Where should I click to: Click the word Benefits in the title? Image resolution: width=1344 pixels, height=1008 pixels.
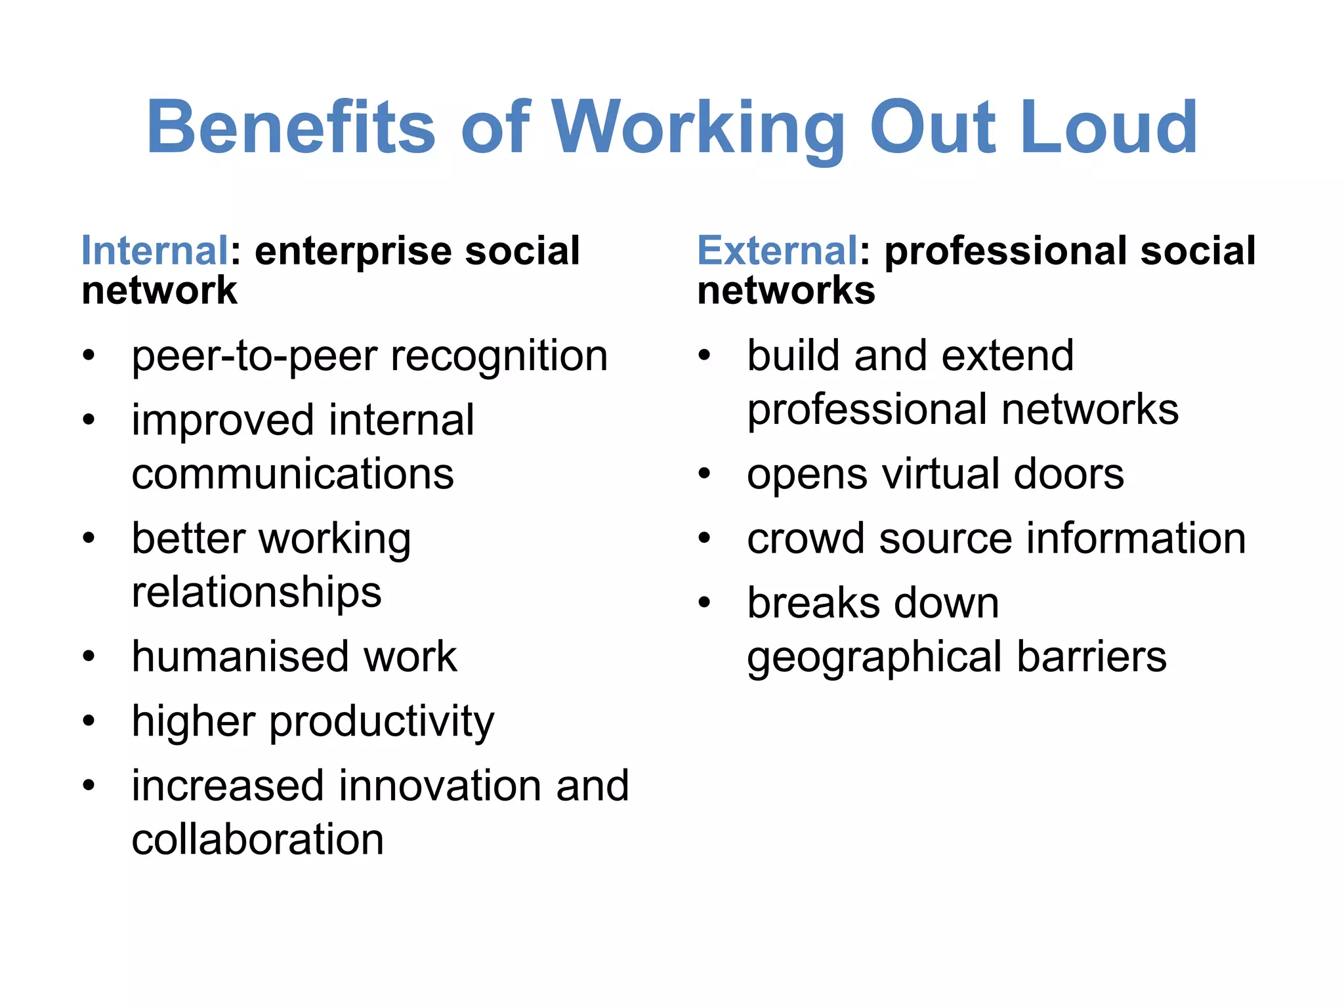pos(291,127)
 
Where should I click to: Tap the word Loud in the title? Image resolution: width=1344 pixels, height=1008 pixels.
pos(1108,127)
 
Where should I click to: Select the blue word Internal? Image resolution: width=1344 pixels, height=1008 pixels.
pos(155,251)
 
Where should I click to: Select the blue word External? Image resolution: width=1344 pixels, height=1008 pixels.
pos(777,251)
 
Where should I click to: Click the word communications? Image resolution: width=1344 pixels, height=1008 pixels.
pos(293,474)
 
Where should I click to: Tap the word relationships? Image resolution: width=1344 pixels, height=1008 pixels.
pos(257,592)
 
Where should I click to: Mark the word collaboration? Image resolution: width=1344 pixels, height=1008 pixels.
pos(258,839)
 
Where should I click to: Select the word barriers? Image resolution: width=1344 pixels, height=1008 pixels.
pos(1092,656)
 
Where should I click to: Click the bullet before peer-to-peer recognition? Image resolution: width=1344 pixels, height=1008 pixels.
pos(89,356)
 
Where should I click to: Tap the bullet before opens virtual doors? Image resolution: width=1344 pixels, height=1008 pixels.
pos(705,474)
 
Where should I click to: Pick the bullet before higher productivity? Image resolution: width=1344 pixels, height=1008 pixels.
pos(89,721)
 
